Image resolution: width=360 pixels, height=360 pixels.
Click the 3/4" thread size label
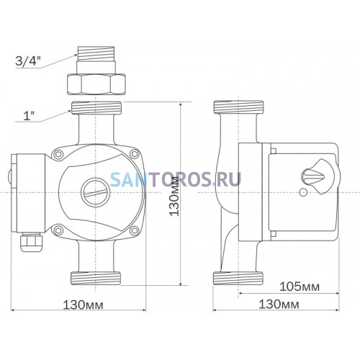(x=27, y=60)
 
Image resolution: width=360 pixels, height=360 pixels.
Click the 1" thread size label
(x=29, y=116)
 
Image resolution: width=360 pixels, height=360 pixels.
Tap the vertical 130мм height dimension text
(x=174, y=196)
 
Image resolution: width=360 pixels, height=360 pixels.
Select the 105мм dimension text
(x=300, y=287)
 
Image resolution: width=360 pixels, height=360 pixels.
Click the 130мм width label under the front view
(x=83, y=305)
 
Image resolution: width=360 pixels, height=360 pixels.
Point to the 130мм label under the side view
(x=279, y=305)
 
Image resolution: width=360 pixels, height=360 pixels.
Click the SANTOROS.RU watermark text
(x=176, y=179)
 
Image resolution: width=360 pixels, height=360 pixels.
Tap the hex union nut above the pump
(x=96, y=84)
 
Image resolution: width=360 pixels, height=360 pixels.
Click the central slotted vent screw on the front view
(x=96, y=192)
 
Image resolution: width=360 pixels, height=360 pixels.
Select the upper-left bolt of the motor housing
(x=58, y=154)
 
